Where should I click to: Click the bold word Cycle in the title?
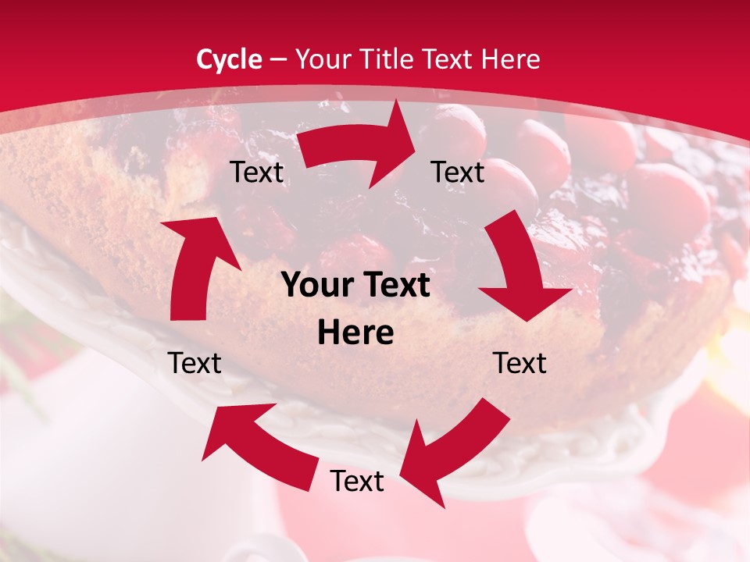pos(229,59)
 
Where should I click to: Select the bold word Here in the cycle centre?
pos(355,333)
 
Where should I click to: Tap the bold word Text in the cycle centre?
pos(395,286)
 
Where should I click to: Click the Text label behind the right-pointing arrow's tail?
pos(257,173)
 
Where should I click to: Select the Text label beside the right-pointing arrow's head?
pos(458,173)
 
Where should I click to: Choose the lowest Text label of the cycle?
pos(357,482)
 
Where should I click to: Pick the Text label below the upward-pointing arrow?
pos(195,363)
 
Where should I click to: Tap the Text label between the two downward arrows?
pos(520,363)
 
